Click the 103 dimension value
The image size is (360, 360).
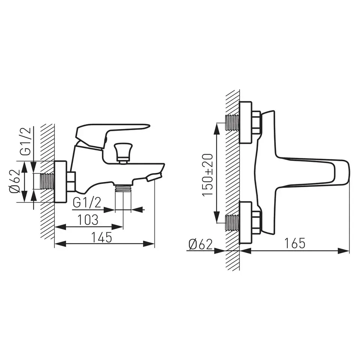click(x=88, y=220)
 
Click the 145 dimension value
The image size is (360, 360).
click(x=102, y=237)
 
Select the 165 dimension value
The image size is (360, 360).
click(x=295, y=243)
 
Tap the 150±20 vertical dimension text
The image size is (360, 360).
click(x=208, y=175)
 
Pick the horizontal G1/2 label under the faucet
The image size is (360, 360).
click(x=87, y=203)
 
